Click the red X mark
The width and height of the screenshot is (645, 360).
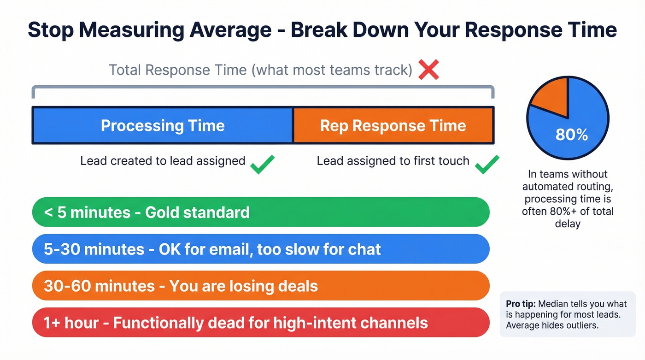point(428,70)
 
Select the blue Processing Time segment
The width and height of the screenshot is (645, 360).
point(162,125)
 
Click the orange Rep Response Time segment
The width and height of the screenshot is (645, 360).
point(393,125)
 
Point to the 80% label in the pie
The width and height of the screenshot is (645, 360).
point(571,135)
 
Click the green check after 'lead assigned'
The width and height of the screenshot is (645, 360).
point(263,164)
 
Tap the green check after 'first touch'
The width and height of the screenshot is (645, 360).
point(487,164)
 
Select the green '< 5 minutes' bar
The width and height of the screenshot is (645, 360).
point(260,212)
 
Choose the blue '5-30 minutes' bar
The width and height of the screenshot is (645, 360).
point(260,249)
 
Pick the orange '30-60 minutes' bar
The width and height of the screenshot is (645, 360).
point(260,286)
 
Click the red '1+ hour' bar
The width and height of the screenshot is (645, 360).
point(260,323)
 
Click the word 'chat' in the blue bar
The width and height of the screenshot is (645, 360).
point(364,249)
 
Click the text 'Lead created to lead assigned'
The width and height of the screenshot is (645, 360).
point(163,161)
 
